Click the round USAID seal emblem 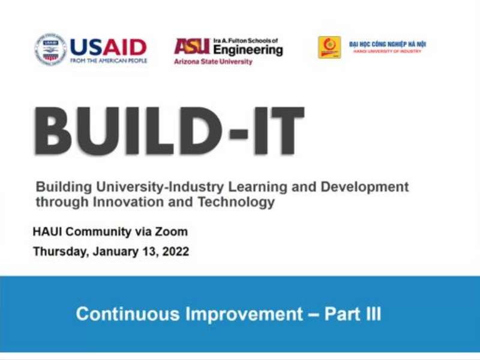pos(50,49)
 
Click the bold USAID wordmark pos(108,46)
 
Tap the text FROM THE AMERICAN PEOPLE pos(108,61)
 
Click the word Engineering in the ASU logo pos(248,50)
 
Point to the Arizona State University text pos(213,62)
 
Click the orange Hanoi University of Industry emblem pos(329,47)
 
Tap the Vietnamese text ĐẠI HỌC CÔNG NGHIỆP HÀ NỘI pos(388,44)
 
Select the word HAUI pos(51,232)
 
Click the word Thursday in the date pos(59,252)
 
